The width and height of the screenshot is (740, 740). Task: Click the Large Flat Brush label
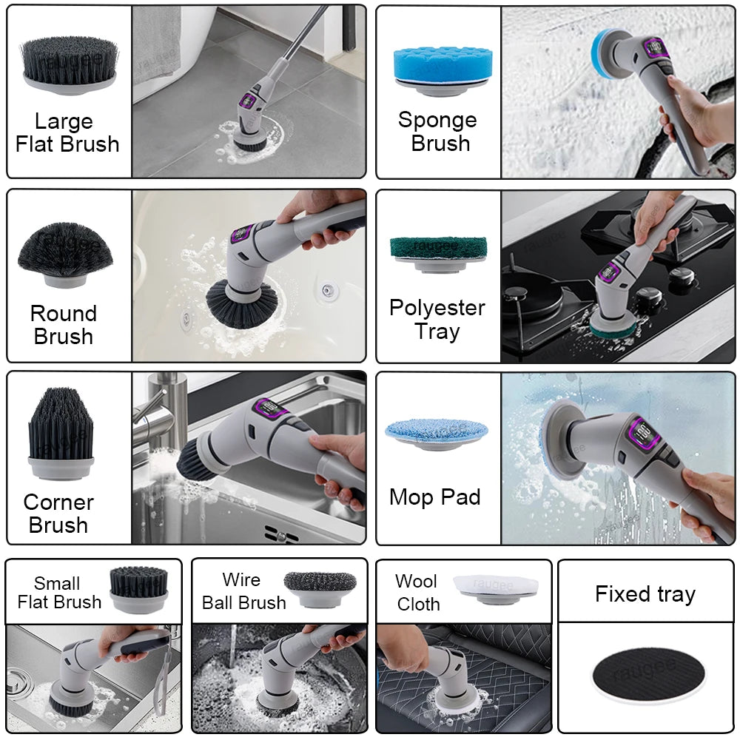tap(67, 132)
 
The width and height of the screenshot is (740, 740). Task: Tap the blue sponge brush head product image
tap(440, 67)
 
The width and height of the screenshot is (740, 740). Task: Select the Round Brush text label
tap(64, 325)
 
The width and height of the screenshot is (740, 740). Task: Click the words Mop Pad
tap(435, 497)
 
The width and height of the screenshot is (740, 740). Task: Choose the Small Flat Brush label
tap(59, 593)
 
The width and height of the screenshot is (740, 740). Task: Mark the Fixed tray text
tap(645, 594)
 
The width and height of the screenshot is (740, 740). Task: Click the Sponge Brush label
tap(437, 131)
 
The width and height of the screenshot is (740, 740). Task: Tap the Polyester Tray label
tap(437, 319)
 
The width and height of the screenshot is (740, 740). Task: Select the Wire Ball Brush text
tap(243, 591)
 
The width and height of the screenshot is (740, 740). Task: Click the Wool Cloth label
tap(417, 593)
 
